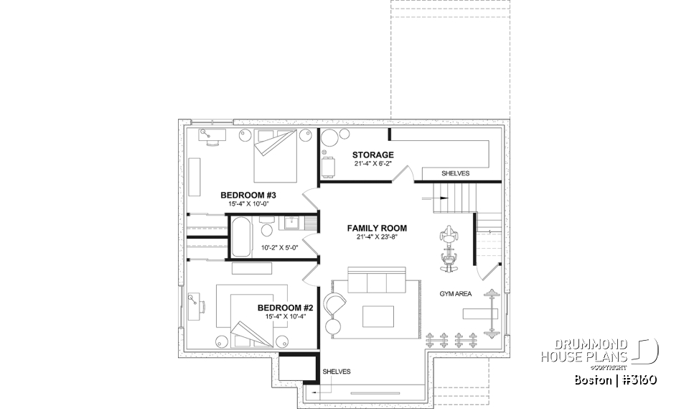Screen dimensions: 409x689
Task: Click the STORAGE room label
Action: coord(372,155)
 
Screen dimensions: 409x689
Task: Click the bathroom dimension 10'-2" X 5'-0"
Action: coord(279,247)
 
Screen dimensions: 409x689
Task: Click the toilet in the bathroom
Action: coord(266,229)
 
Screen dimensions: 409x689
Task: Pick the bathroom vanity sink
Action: coord(291,223)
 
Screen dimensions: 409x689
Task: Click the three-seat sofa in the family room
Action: coord(376,282)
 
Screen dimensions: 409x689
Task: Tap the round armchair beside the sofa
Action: coord(336,305)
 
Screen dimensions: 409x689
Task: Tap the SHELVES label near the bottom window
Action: coord(337,372)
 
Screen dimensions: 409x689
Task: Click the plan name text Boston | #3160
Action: coord(616,380)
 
